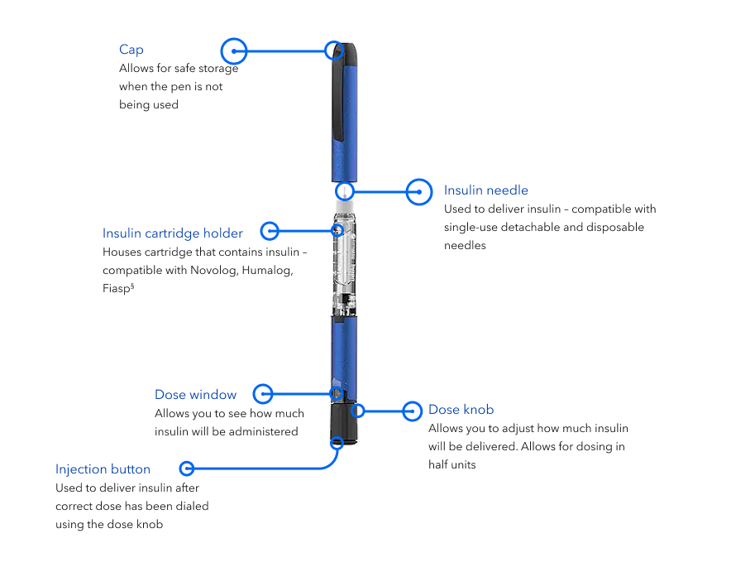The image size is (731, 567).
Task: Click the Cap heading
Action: coord(131,50)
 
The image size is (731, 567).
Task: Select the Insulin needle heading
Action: coord(485,190)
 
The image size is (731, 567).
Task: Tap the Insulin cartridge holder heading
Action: coord(172,233)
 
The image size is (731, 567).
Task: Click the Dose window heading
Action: coord(195,394)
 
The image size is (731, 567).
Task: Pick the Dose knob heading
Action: coord(461,410)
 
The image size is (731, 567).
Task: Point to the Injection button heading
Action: coord(103,469)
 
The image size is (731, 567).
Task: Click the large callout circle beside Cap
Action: coord(235,50)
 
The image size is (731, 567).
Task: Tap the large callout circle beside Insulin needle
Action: coord(420,191)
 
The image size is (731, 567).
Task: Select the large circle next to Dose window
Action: coord(263,393)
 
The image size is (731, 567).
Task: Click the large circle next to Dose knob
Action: coord(413,410)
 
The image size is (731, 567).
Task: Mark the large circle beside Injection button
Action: coord(187,468)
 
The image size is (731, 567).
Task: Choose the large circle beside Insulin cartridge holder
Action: coord(270,231)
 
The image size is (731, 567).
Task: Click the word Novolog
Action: coord(213,271)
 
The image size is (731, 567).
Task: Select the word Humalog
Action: coord(266,271)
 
